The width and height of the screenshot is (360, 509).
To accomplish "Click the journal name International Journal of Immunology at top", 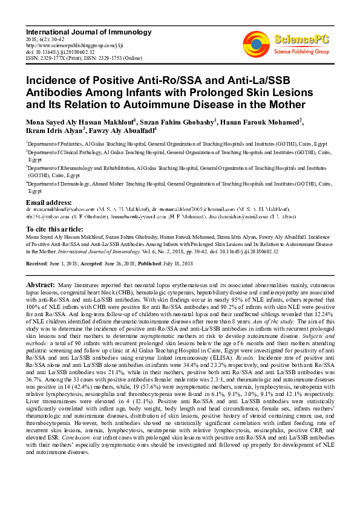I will point(88,31).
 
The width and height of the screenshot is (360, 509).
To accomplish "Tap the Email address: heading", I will point(49,201).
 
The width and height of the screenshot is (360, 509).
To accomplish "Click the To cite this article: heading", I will point(56,230).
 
